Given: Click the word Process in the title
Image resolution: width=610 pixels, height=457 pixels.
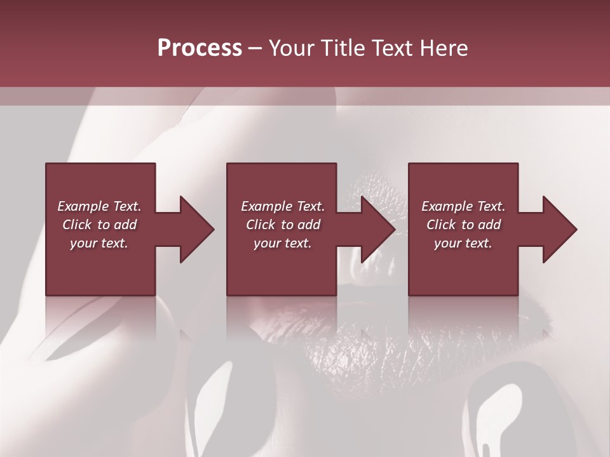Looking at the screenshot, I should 200,48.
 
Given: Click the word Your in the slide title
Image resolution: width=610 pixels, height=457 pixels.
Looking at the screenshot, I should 293,48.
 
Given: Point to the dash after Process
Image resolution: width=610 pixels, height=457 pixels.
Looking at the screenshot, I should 255,49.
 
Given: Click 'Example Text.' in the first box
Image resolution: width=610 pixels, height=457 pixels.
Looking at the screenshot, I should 99,206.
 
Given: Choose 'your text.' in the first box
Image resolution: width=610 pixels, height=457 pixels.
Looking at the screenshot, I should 99,243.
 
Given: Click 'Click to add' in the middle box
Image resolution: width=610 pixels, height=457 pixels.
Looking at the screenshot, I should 283,225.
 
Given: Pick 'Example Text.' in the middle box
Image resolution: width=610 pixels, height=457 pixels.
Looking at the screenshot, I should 283,206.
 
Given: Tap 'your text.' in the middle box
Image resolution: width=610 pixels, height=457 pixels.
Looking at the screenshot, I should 283,243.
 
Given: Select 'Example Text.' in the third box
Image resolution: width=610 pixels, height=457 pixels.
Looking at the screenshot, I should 463,206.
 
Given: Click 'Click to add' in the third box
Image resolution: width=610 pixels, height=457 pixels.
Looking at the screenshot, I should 463,225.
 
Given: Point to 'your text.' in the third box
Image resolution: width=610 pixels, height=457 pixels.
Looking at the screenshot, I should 463,243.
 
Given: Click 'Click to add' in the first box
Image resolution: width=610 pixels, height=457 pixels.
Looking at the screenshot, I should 99,225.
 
